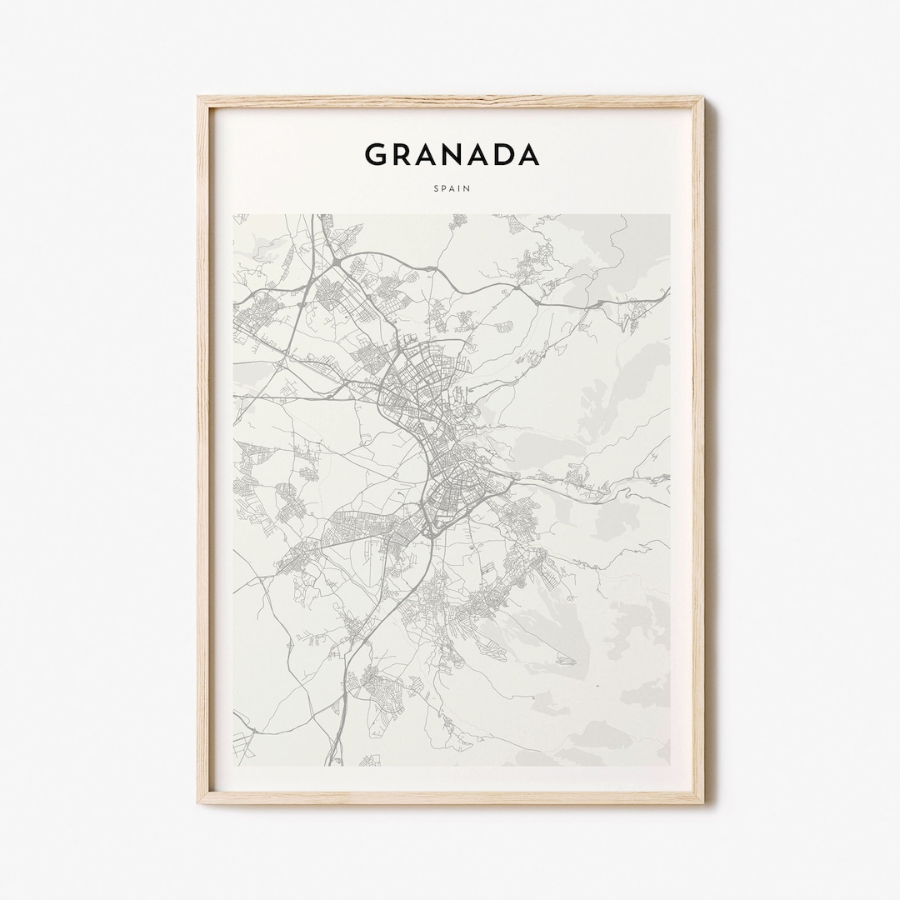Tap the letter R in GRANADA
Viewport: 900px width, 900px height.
[404, 155]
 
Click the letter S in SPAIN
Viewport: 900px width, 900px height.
[435, 189]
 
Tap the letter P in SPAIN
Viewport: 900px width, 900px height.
[443, 189]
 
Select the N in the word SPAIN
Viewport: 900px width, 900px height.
[467, 189]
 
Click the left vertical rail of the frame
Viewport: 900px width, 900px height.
[205, 450]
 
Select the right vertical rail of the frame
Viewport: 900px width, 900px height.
[697, 450]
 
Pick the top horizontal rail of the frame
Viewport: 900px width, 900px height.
[450, 102]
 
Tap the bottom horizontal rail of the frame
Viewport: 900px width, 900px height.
[450, 797]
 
